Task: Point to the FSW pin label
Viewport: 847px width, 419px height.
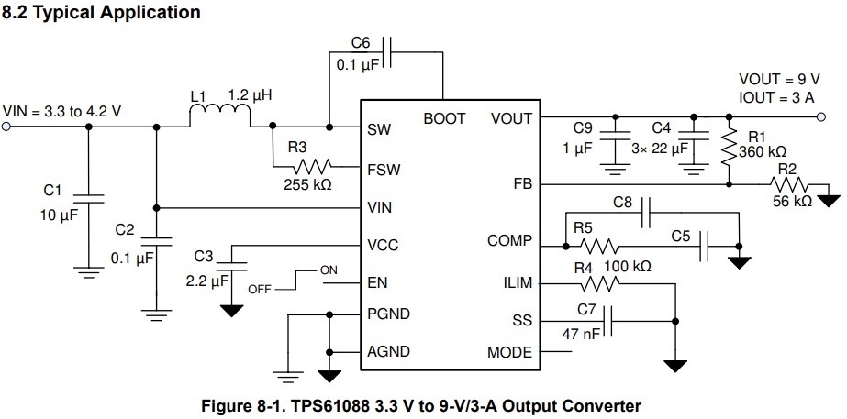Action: point(384,170)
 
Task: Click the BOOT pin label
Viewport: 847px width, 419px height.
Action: point(443,119)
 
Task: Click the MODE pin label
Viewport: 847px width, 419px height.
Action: point(509,352)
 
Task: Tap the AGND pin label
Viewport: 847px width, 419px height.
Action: point(388,352)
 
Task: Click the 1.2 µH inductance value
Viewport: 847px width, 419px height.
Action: point(251,95)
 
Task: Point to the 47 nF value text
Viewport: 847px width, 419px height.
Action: point(580,335)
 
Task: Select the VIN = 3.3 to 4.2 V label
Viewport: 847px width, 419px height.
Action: point(62,111)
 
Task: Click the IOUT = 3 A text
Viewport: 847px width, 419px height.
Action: point(776,96)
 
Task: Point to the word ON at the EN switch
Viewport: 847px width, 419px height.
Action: point(329,270)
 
